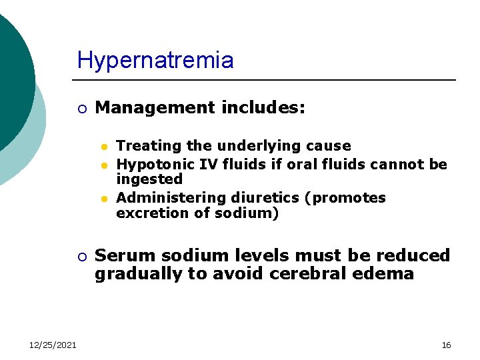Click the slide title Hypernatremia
click(x=155, y=61)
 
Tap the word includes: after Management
click(x=265, y=107)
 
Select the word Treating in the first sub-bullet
click(x=143, y=146)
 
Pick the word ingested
click(x=149, y=179)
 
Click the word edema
click(x=387, y=274)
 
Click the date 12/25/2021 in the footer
click(x=53, y=345)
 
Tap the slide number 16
click(x=446, y=345)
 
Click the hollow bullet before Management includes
click(x=81, y=109)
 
